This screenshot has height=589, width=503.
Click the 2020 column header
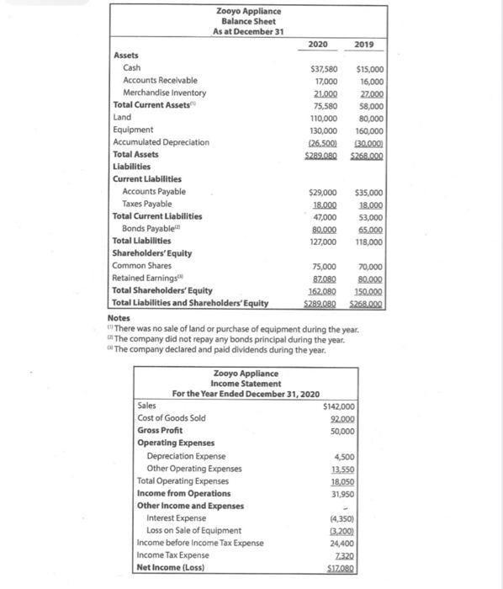point(319,44)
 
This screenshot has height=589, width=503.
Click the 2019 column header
point(366,44)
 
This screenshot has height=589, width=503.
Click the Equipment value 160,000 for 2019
point(369,130)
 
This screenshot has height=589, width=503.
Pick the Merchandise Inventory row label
point(164,93)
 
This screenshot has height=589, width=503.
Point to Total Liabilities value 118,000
point(369,241)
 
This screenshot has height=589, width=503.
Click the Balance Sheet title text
point(248,21)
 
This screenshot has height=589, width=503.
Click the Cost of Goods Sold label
point(171,418)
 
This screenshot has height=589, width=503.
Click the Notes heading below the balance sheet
point(119,318)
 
